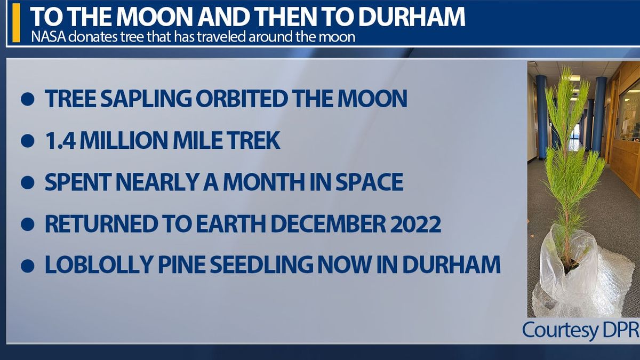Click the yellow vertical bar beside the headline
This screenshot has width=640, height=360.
[17, 22]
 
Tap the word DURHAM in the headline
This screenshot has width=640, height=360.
[412, 17]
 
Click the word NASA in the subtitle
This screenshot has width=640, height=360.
[48, 37]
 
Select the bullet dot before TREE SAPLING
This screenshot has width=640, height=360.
[28, 99]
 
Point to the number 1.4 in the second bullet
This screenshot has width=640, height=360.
[60, 141]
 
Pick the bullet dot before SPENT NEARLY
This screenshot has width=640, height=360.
[28, 183]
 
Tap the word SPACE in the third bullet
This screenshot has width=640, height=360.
[370, 182]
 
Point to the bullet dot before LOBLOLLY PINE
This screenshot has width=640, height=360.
[28, 266]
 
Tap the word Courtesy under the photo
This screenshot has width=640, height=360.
[559, 331]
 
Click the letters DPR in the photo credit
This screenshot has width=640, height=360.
[620, 330]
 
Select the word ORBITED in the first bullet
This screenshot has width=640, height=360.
[242, 99]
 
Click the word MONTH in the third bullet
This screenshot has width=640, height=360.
[265, 182]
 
